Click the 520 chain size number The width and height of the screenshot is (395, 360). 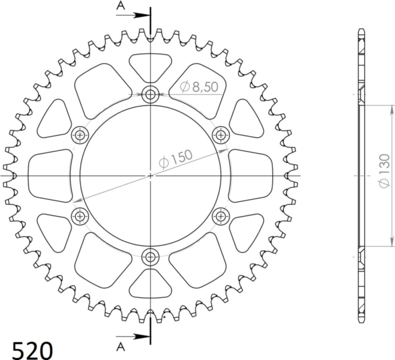pyautogui.click(x=32, y=350)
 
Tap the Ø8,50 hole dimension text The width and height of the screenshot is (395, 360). pyautogui.click(x=199, y=87)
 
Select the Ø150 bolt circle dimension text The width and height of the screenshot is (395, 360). pyautogui.click(x=176, y=159)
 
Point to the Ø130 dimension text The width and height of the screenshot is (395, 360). pyautogui.click(x=384, y=171)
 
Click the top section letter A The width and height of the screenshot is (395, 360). pyautogui.click(x=120, y=6)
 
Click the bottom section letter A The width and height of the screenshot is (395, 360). pyautogui.click(x=120, y=347)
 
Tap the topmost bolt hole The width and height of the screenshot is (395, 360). pyautogui.click(x=150, y=95)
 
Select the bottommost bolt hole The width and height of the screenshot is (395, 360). pyautogui.click(x=150, y=257)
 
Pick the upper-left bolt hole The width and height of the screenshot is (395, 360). pyautogui.click(x=80, y=135)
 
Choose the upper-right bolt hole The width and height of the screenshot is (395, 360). pyautogui.click(x=221, y=135)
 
